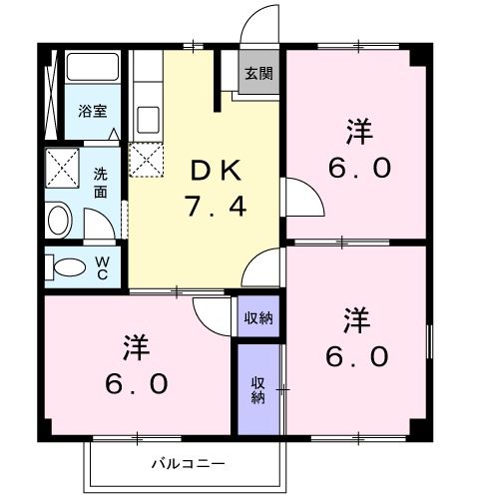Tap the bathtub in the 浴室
[93, 70]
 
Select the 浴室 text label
[91, 112]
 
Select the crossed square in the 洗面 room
[62, 165]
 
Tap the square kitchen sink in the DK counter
[146, 119]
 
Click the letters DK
[216, 171]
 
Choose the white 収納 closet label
[257, 318]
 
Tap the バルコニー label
[188, 464]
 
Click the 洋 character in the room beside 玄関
[358, 130]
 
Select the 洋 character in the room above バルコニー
[136, 348]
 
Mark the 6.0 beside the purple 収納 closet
[358, 355]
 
